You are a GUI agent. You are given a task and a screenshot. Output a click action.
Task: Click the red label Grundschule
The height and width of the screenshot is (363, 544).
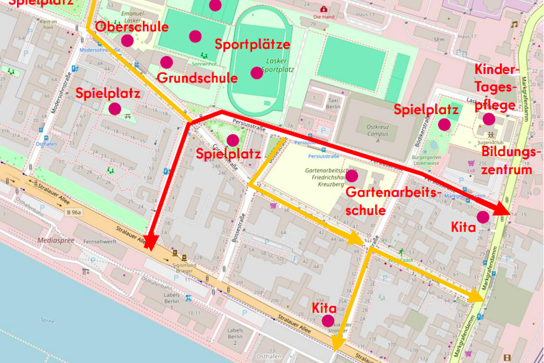[x=197, y=78]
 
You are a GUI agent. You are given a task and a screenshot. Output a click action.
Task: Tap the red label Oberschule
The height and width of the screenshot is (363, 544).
[x=132, y=27]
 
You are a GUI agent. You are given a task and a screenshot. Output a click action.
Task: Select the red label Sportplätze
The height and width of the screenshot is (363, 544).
[x=252, y=44]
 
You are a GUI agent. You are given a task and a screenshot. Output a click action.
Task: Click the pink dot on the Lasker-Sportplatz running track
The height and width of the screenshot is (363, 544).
[x=257, y=73]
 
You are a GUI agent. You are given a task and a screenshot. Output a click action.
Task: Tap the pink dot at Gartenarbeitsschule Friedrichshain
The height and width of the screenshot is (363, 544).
[x=352, y=176]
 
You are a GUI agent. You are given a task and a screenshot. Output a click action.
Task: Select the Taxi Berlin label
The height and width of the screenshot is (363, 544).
[x=333, y=103]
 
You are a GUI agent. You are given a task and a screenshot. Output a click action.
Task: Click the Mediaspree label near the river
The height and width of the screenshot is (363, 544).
[x=56, y=241]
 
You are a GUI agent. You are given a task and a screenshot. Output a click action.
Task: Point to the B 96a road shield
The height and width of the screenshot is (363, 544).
[x=74, y=212]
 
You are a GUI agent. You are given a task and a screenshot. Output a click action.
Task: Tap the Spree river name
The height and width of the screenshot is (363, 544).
[x=47, y=320]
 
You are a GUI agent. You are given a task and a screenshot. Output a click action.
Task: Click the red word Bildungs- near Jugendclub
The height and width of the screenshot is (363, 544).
[x=511, y=152]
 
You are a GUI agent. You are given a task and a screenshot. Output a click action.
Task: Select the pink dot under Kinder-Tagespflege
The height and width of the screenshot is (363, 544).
[x=489, y=119]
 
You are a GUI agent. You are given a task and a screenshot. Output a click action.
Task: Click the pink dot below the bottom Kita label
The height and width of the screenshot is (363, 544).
[x=328, y=321]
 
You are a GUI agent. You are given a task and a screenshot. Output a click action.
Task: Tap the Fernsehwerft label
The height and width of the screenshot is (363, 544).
[x=100, y=241]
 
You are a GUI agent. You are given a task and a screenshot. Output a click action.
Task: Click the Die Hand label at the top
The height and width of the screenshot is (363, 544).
[x=324, y=17]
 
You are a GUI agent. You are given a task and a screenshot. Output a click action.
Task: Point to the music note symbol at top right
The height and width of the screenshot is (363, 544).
[x=514, y=24]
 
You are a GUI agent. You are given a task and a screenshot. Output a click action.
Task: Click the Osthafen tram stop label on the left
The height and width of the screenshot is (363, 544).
[x=46, y=144]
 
